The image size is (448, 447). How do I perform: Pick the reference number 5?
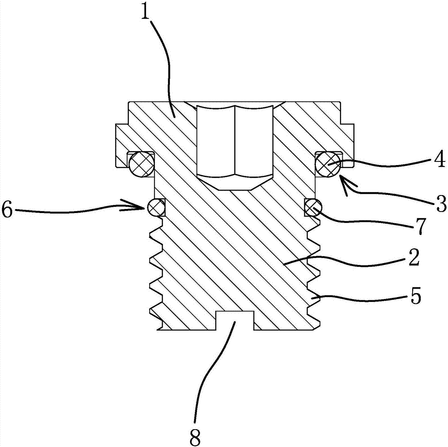pyautogui.click(x=415, y=298)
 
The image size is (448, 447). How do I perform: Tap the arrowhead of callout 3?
pyautogui.click(x=343, y=179)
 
